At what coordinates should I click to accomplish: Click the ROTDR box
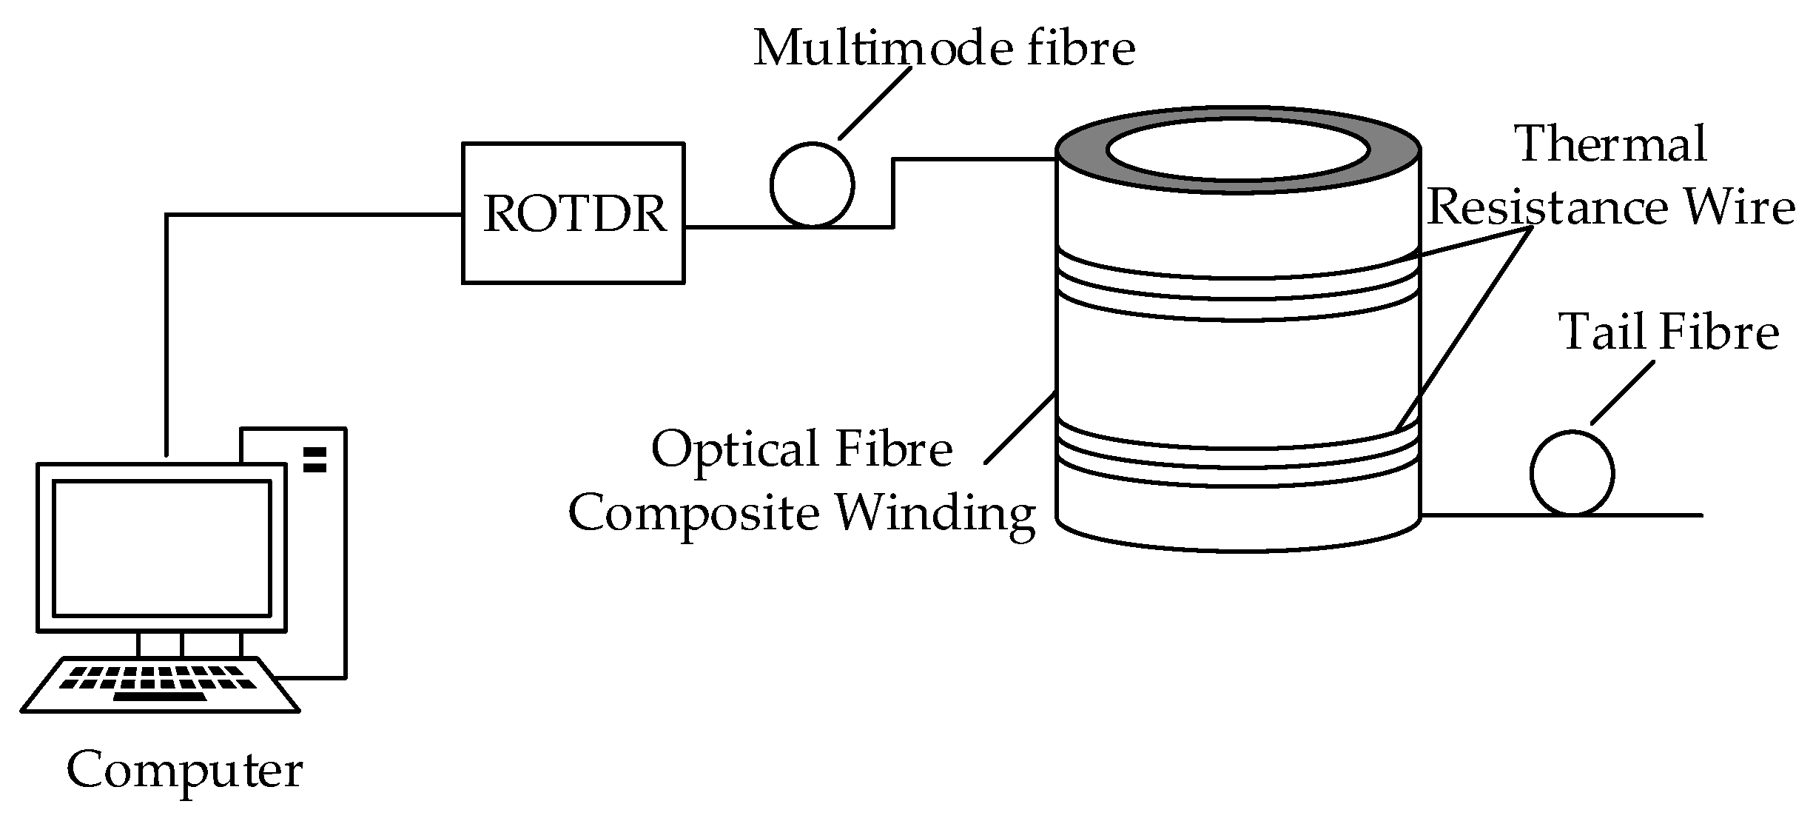[x=573, y=213]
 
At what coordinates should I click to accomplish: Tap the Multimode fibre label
[x=944, y=49]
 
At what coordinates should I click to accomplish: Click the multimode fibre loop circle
[x=812, y=184]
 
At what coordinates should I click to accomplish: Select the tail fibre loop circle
[x=1572, y=472]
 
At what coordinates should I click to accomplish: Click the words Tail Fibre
[x=1669, y=332]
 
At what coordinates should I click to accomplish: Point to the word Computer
[x=184, y=771]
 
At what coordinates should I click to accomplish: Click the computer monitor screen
[x=161, y=548]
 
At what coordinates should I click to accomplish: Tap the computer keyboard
[x=161, y=685]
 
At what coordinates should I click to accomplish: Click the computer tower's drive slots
[x=314, y=459]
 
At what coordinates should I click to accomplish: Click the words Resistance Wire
[x=1611, y=208]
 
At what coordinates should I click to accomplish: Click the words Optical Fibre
[x=801, y=449]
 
